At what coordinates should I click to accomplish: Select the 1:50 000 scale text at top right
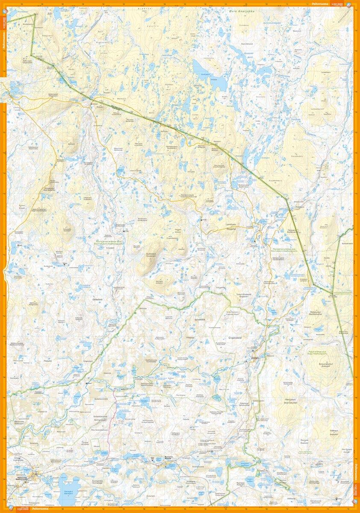click(338, 3)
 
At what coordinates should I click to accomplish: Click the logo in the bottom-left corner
click(10, 510)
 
